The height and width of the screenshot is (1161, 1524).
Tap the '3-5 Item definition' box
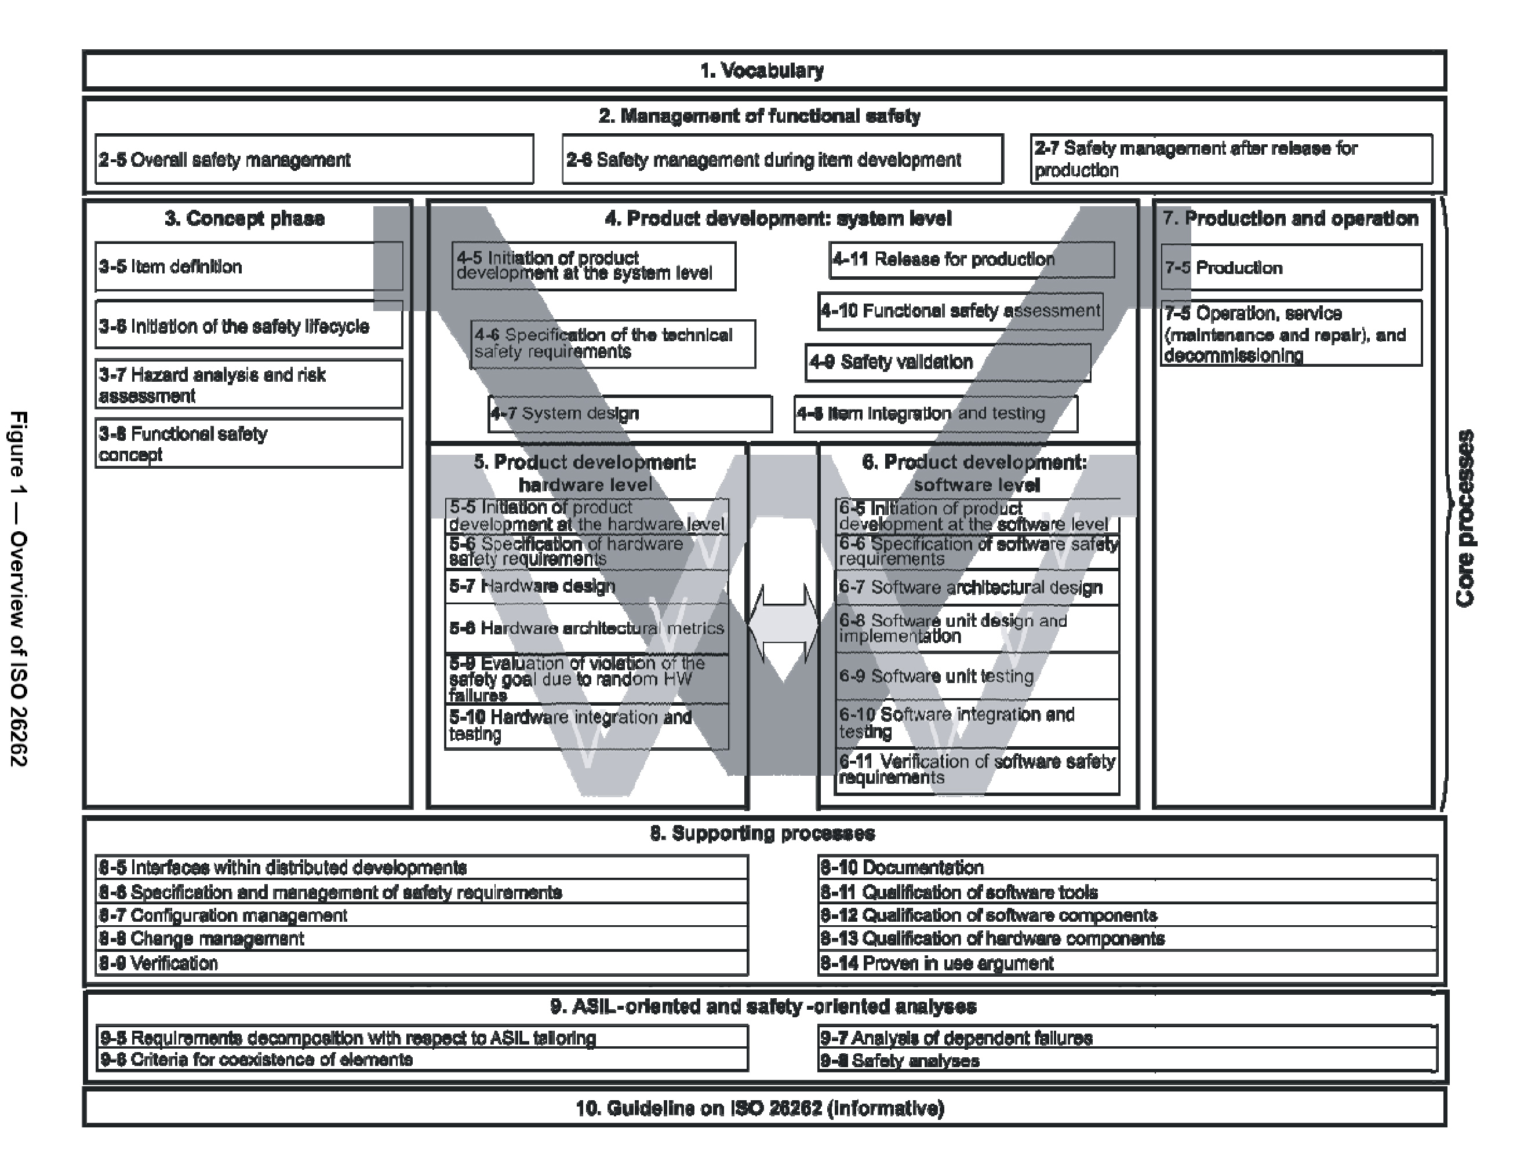249,266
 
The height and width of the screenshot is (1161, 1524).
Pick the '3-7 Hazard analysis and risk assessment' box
249,385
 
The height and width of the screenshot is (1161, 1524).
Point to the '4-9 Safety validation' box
947,362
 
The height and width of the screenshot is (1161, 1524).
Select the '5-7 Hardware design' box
587,587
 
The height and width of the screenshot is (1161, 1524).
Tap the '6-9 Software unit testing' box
976,676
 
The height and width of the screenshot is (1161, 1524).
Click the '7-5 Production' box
1291,268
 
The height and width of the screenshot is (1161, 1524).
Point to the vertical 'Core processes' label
1464,519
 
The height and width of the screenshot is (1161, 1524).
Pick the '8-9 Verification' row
422,963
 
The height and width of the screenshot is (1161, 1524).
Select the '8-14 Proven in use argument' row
1127,963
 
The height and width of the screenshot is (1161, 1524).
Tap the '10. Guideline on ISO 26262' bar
763,1108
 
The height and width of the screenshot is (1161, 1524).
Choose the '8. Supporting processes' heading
763,834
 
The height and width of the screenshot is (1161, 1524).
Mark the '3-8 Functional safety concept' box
249,444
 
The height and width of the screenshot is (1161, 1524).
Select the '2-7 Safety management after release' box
1231,159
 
